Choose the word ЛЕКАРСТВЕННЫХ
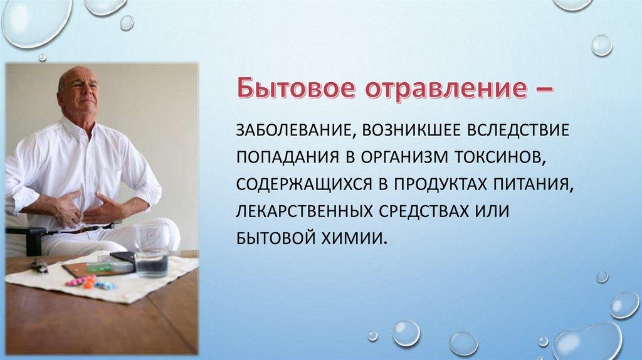303,211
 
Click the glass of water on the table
152,250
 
